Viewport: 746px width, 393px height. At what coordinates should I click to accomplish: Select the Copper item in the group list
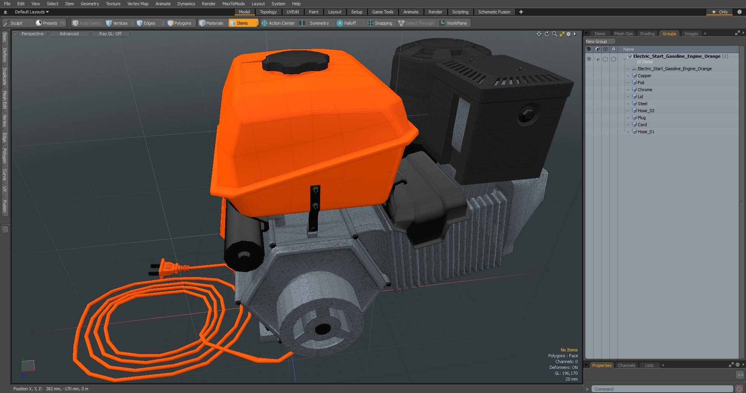(x=644, y=76)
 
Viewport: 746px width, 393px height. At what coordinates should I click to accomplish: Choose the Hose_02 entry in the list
(x=646, y=111)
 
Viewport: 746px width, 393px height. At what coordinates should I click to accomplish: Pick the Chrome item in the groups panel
(x=645, y=90)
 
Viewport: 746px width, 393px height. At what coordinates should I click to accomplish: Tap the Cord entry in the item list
(x=642, y=125)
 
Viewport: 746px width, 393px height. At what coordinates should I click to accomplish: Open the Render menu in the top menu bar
(x=209, y=4)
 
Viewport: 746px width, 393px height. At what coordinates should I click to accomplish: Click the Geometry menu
(x=90, y=4)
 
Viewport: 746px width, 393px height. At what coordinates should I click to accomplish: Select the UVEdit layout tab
(x=293, y=12)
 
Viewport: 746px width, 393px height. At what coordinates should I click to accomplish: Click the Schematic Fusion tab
(x=494, y=12)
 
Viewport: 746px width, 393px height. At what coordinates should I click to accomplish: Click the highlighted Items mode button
(x=242, y=23)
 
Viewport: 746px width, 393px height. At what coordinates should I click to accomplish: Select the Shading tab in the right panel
(x=647, y=34)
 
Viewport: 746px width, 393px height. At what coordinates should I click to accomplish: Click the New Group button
(x=596, y=42)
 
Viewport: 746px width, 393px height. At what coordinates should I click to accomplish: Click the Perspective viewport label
(x=33, y=34)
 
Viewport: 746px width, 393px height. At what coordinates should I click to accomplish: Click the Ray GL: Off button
(x=110, y=34)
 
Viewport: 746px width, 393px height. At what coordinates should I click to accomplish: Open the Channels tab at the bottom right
(x=626, y=365)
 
